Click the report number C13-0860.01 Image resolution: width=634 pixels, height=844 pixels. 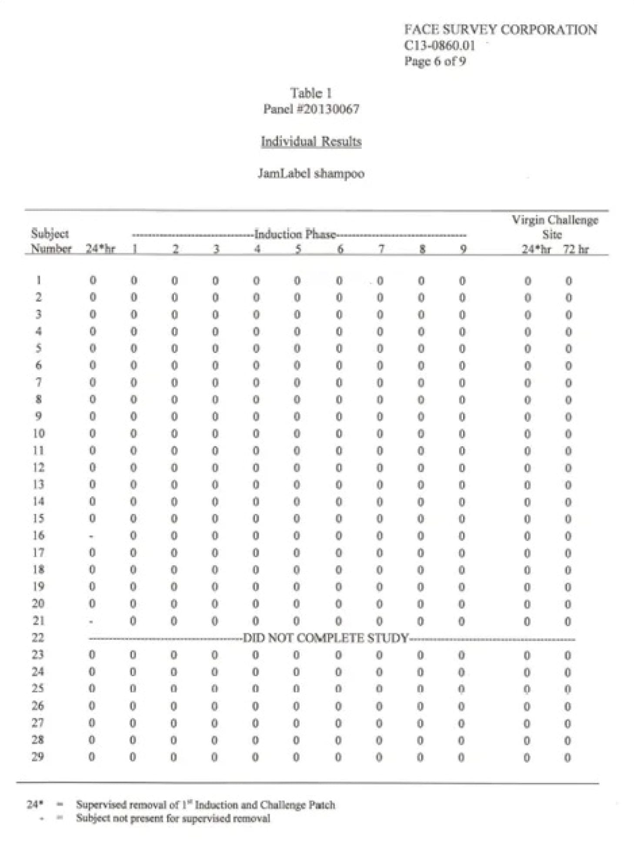click(439, 45)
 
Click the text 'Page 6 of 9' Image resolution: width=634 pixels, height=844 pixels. click(434, 61)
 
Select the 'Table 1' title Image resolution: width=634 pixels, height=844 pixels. click(310, 93)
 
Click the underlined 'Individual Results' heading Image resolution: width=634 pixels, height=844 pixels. click(311, 141)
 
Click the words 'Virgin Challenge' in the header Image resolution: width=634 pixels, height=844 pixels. click(554, 220)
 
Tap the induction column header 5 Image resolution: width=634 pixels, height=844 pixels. click(298, 249)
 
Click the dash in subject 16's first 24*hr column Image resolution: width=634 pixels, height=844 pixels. click(91, 536)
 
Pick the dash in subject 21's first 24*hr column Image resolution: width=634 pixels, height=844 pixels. click(91, 622)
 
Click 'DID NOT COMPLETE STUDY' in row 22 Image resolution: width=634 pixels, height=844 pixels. click(325, 638)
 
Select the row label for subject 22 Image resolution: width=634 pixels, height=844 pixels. click(38, 638)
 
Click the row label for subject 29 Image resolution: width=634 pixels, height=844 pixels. click(38, 757)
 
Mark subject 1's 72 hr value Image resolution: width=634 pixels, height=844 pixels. click(568, 281)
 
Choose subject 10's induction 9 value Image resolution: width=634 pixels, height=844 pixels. click(462, 434)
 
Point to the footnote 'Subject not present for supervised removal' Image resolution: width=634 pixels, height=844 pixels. click(173, 818)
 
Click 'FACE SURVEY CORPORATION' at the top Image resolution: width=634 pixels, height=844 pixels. click(500, 30)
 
